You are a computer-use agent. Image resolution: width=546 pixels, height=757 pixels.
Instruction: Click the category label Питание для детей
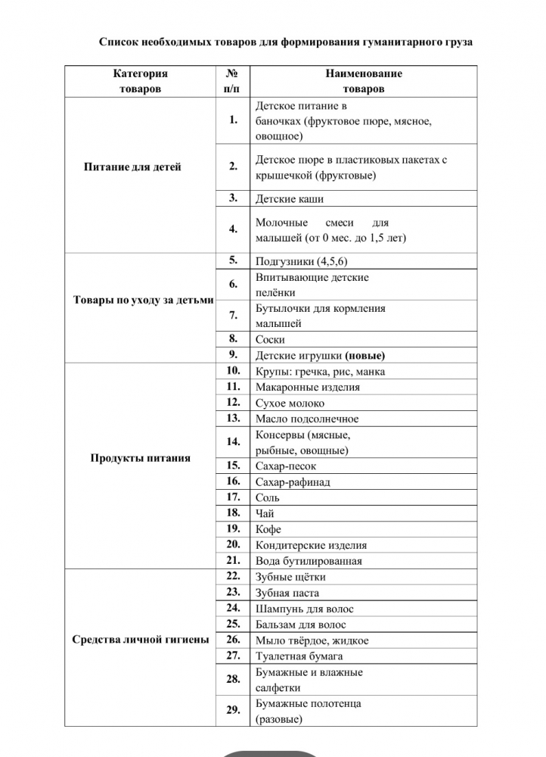coord(132,167)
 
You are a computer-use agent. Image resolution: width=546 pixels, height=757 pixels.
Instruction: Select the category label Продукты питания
coord(141,458)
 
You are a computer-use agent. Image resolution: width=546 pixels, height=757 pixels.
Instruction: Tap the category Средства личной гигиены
coord(141,640)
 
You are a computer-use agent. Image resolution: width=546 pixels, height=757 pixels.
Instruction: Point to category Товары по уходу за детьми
coord(144,300)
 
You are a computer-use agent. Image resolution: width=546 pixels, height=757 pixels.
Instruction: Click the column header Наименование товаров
coord(364,81)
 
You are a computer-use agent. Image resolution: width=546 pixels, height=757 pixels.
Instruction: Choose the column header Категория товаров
coord(141,81)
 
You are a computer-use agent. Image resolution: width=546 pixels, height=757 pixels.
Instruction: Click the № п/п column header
coord(233,81)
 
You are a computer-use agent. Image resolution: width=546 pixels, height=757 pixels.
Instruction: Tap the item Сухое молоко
coord(290,403)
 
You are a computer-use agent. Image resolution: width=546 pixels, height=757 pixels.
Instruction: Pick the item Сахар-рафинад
coord(293,482)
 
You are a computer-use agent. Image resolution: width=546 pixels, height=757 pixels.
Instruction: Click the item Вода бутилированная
coord(309,562)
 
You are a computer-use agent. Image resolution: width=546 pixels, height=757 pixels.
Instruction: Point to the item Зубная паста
coord(287,593)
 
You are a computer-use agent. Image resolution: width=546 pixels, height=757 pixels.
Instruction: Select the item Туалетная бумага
coord(299,656)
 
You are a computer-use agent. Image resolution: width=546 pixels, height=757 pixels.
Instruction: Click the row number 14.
coord(233,441)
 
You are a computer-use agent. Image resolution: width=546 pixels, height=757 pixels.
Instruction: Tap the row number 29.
coord(233,710)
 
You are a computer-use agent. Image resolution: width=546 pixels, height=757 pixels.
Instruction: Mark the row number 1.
coord(233,120)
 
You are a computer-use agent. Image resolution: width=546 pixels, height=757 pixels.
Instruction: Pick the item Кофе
coord(268,530)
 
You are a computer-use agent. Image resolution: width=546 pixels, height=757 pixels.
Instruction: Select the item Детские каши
coord(290,199)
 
